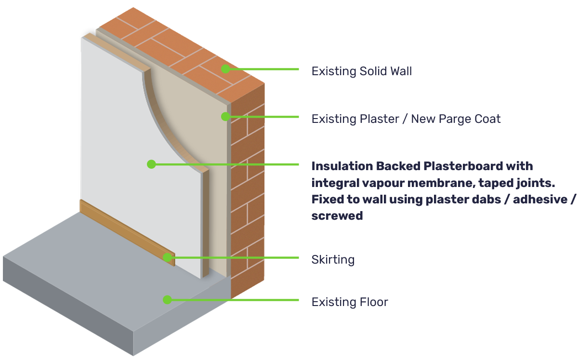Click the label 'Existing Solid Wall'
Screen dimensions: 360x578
(x=361, y=72)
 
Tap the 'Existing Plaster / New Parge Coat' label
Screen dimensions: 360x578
(x=406, y=119)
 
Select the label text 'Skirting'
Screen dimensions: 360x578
(x=333, y=260)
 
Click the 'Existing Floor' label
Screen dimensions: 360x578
(x=349, y=302)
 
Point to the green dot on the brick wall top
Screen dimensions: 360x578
(x=225, y=69)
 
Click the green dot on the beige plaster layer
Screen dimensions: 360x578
(x=225, y=116)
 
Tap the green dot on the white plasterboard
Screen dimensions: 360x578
(x=151, y=164)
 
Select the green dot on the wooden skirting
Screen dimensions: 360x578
(x=167, y=257)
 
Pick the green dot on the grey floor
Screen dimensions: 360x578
(x=167, y=300)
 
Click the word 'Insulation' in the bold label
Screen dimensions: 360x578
(x=342, y=166)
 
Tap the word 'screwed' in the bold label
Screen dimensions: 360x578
(x=337, y=215)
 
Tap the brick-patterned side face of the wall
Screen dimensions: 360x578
(x=248, y=193)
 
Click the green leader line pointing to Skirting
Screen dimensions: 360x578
(x=236, y=257)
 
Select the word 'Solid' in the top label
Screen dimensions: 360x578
(x=373, y=72)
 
